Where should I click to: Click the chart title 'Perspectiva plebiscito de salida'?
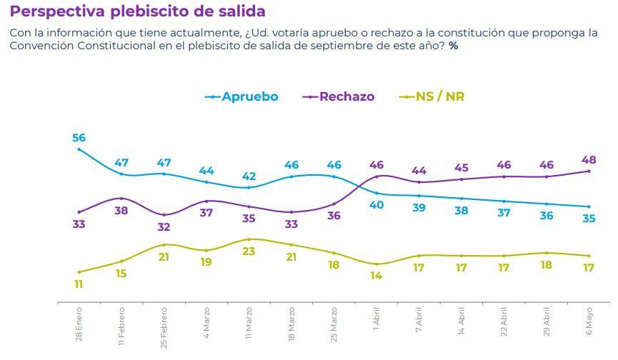(x=137, y=11)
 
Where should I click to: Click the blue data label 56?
(x=79, y=138)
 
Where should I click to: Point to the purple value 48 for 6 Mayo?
(x=589, y=160)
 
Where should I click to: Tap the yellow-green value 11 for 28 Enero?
(x=79, y=284)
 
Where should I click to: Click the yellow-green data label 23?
(x=249, y=251)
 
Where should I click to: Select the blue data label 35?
(x=589, y=219)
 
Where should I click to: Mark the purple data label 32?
(x=164, y=227)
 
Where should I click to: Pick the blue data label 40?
(x=377, y=205)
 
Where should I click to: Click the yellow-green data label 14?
(x=377, y=276)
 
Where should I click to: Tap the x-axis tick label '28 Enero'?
(x=79, y=323)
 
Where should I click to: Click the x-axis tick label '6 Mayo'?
(x=589, y=321)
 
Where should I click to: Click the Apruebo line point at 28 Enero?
(x=79, y=149)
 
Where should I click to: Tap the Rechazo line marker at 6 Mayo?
(x=589, y=171)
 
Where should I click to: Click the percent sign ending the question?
(x=453, y=46)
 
